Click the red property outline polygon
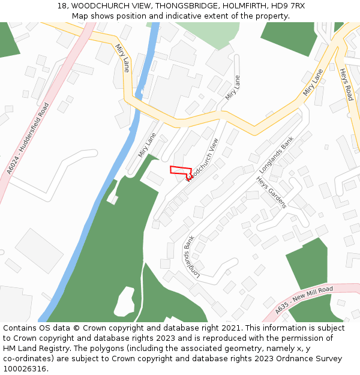tap(181, 171)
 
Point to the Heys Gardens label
tap(272, 192)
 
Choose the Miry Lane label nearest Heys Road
tap(313, 82)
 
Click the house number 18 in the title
tap(62, 6)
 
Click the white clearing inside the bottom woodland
tap(124, 301)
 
